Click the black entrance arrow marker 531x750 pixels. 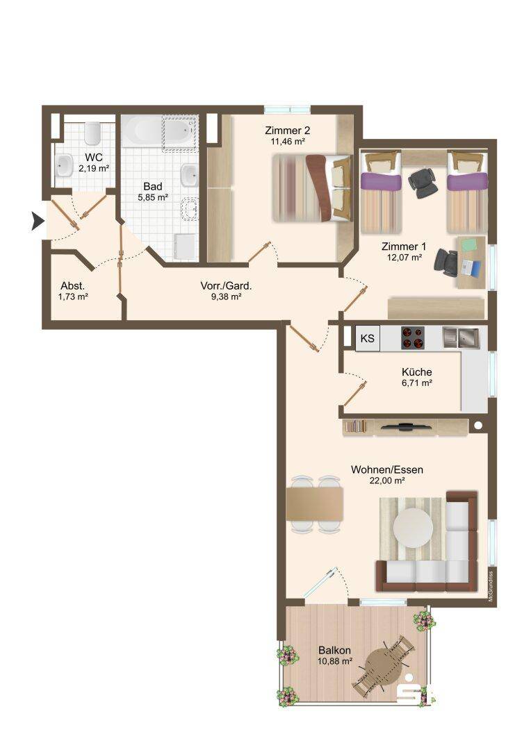click(38, 221)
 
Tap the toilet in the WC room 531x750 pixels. click(92, 133)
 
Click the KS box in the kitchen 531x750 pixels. click(367, 338)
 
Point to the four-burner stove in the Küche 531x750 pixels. click(413, 337)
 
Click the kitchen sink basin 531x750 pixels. click(461, 337)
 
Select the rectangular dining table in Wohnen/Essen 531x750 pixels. click(315, 503)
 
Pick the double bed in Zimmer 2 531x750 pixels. click(312, 187)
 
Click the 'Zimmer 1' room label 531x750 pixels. click(404, 247)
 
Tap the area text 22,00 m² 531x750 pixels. click(387, 481)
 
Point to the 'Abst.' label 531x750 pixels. click(73, 286)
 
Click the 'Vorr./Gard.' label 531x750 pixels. click(226, 286)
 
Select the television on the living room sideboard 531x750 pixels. click(405, 426)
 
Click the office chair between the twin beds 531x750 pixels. click(423, 182)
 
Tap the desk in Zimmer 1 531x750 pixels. click(471, 262)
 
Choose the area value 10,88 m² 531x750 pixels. click(335, 662)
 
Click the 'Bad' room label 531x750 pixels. click(153, 186)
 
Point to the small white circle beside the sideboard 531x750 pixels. click(477, 425)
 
